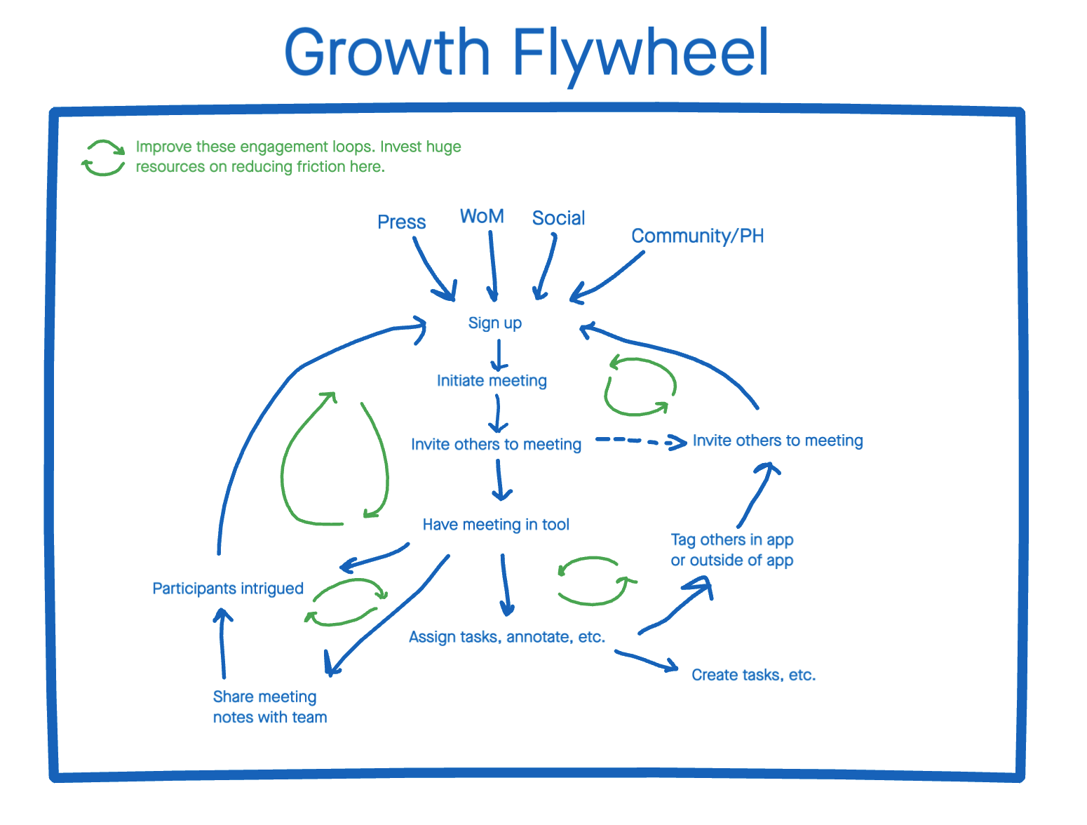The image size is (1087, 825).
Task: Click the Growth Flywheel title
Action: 526,55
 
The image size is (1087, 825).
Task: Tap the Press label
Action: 401,222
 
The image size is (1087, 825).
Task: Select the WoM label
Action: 482,216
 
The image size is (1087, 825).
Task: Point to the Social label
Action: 558,218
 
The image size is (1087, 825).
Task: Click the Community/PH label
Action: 697,236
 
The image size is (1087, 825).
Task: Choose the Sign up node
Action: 494,323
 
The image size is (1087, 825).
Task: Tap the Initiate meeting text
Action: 492,381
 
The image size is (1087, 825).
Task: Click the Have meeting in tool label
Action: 496,525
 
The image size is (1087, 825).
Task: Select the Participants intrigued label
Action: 228,589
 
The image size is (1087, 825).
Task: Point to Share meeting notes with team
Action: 270,706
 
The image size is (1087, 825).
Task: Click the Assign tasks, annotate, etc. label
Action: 507,637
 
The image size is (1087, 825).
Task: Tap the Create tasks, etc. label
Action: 753,675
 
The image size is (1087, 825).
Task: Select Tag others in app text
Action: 732,539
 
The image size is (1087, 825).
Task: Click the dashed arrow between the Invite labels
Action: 640,441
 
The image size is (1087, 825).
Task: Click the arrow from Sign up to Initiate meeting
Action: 499,355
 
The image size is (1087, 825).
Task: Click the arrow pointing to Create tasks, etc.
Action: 647,660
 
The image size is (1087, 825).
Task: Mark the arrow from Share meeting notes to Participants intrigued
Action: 222,643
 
